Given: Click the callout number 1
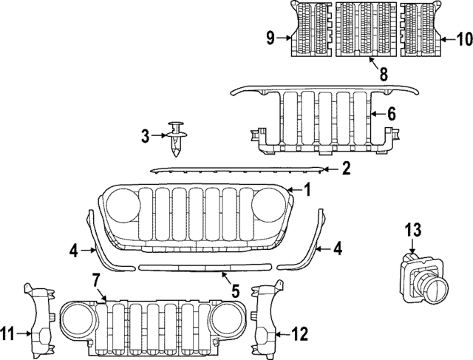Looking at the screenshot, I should (307, 190).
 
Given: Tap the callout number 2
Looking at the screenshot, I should (345, 170).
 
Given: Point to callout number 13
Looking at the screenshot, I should (412, 229).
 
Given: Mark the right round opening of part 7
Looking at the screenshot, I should (224, 319).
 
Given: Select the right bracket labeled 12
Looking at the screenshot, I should (265, 317).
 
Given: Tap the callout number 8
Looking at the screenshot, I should (384, 74).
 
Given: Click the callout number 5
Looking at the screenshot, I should (235, 291).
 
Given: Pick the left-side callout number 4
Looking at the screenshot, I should (74, 251).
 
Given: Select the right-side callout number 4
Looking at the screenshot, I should (337, 250).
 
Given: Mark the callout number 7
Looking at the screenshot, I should (95, 279).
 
